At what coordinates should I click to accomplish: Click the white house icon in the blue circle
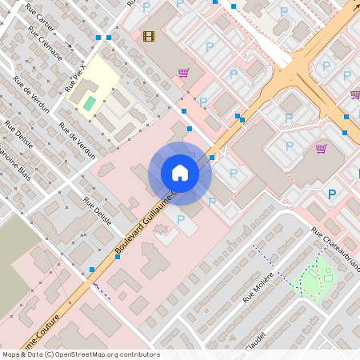180,173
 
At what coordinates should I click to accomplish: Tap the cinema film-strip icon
148,35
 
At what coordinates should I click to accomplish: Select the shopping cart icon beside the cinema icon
183,73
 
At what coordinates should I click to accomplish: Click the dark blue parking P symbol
332,194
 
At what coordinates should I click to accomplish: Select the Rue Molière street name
258,286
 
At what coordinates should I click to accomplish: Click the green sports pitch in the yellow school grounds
89,103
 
